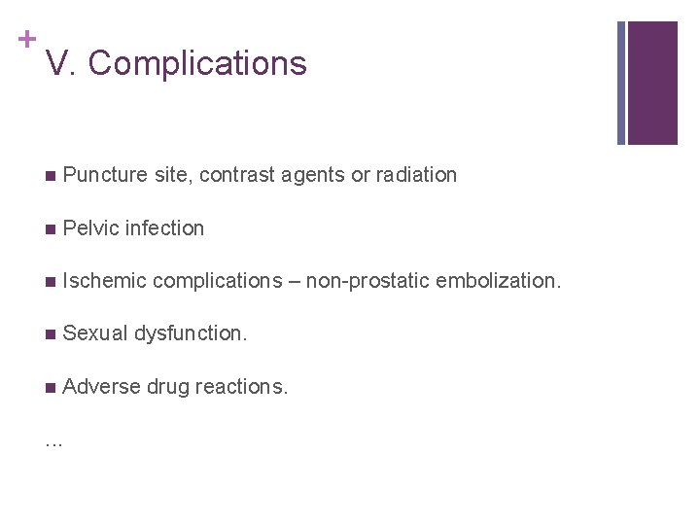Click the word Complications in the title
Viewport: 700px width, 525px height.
(x=197, y=63)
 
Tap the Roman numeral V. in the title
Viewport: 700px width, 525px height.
(x=61, y=63)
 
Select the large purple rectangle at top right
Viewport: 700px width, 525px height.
(x=652, y=83)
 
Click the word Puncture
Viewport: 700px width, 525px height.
(x=104, y=175)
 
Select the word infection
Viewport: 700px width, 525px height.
(x=165, y=228)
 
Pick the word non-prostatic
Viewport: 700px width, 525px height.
(x=367, y=281)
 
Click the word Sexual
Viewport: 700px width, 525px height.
(x=94, y=333)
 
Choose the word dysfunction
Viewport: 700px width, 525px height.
(x=191, y=333)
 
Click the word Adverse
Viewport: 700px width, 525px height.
(x=101, y=386)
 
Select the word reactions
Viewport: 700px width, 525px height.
(x=242, y=386)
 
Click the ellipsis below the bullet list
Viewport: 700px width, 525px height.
(x=53, y=442)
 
